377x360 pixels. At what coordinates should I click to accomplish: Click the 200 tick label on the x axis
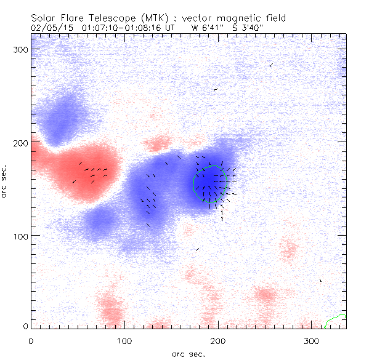coord(218,340)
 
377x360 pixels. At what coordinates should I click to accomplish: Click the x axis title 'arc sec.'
coord(188,354)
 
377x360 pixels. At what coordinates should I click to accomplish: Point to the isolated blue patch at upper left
coord(62,117)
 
